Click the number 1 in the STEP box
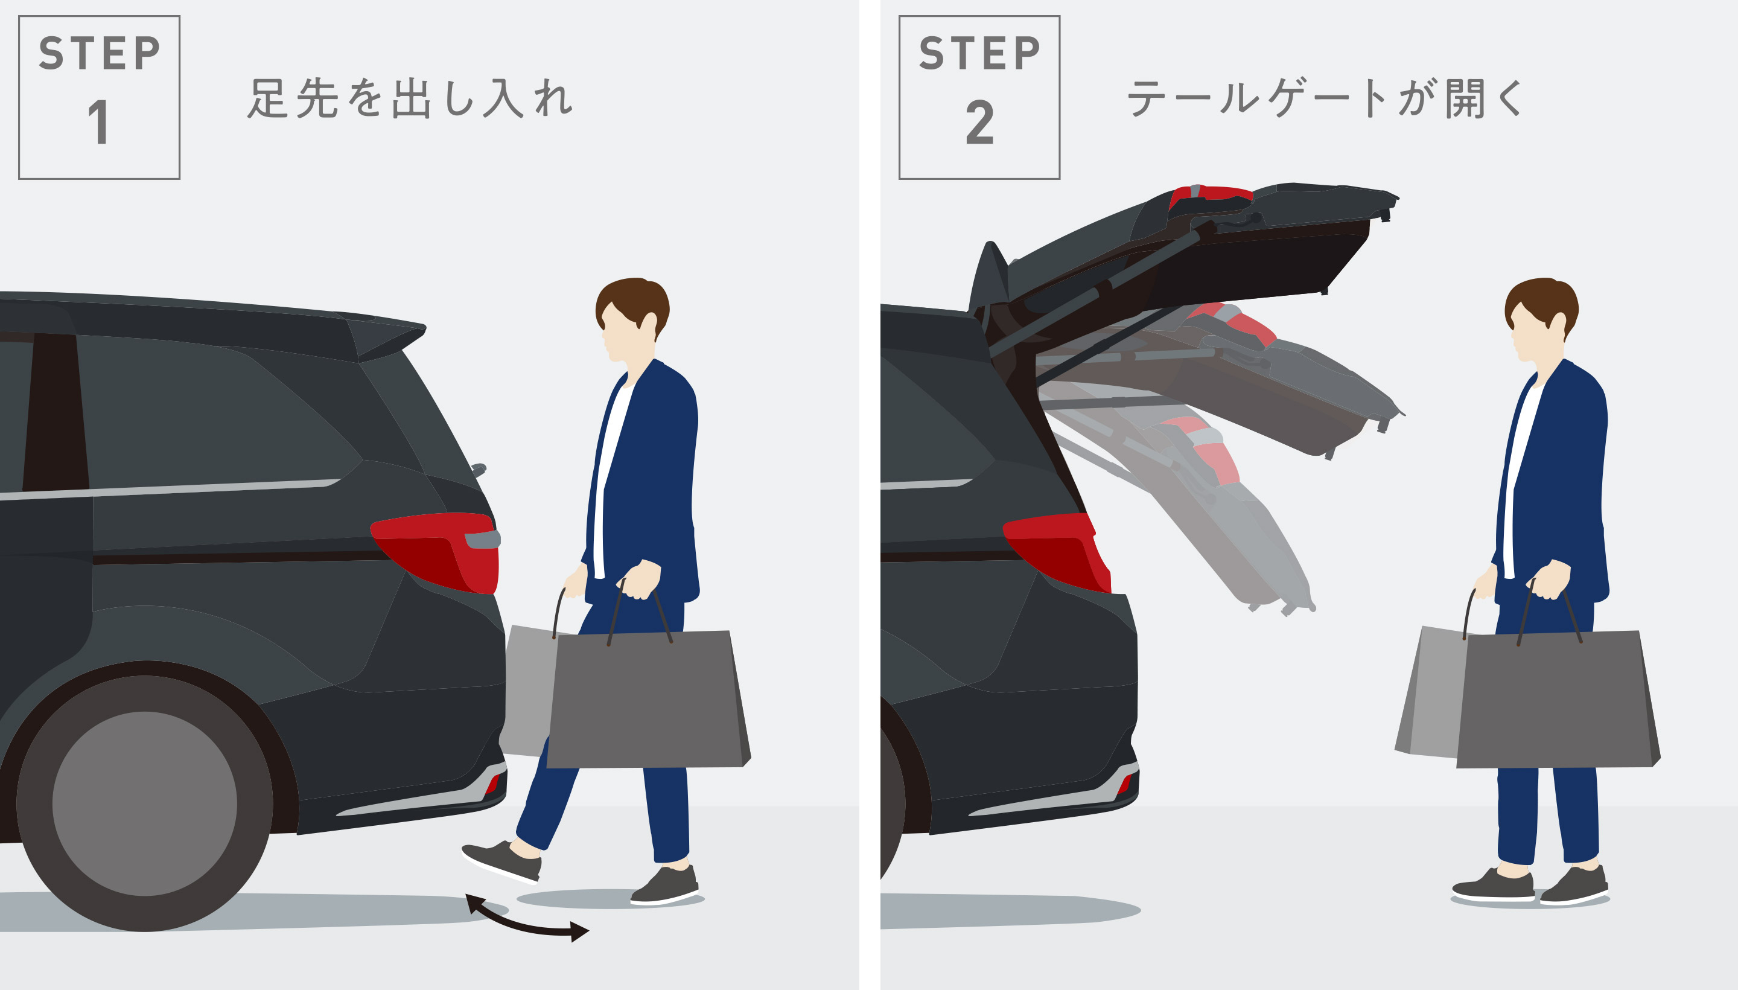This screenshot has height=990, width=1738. coord(99,123)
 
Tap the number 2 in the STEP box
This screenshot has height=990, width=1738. coord(979,123)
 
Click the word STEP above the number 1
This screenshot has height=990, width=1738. coord(99,54)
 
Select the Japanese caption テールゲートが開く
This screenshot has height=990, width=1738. coord(1325,98)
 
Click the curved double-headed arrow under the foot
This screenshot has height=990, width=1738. coord(527,921)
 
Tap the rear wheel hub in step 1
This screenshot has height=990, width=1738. coord(144,803)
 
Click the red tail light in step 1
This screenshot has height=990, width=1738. coord(442,551)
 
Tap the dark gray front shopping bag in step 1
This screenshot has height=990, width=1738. coord(646,700)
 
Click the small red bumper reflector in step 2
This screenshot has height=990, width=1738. coord(1122,785)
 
